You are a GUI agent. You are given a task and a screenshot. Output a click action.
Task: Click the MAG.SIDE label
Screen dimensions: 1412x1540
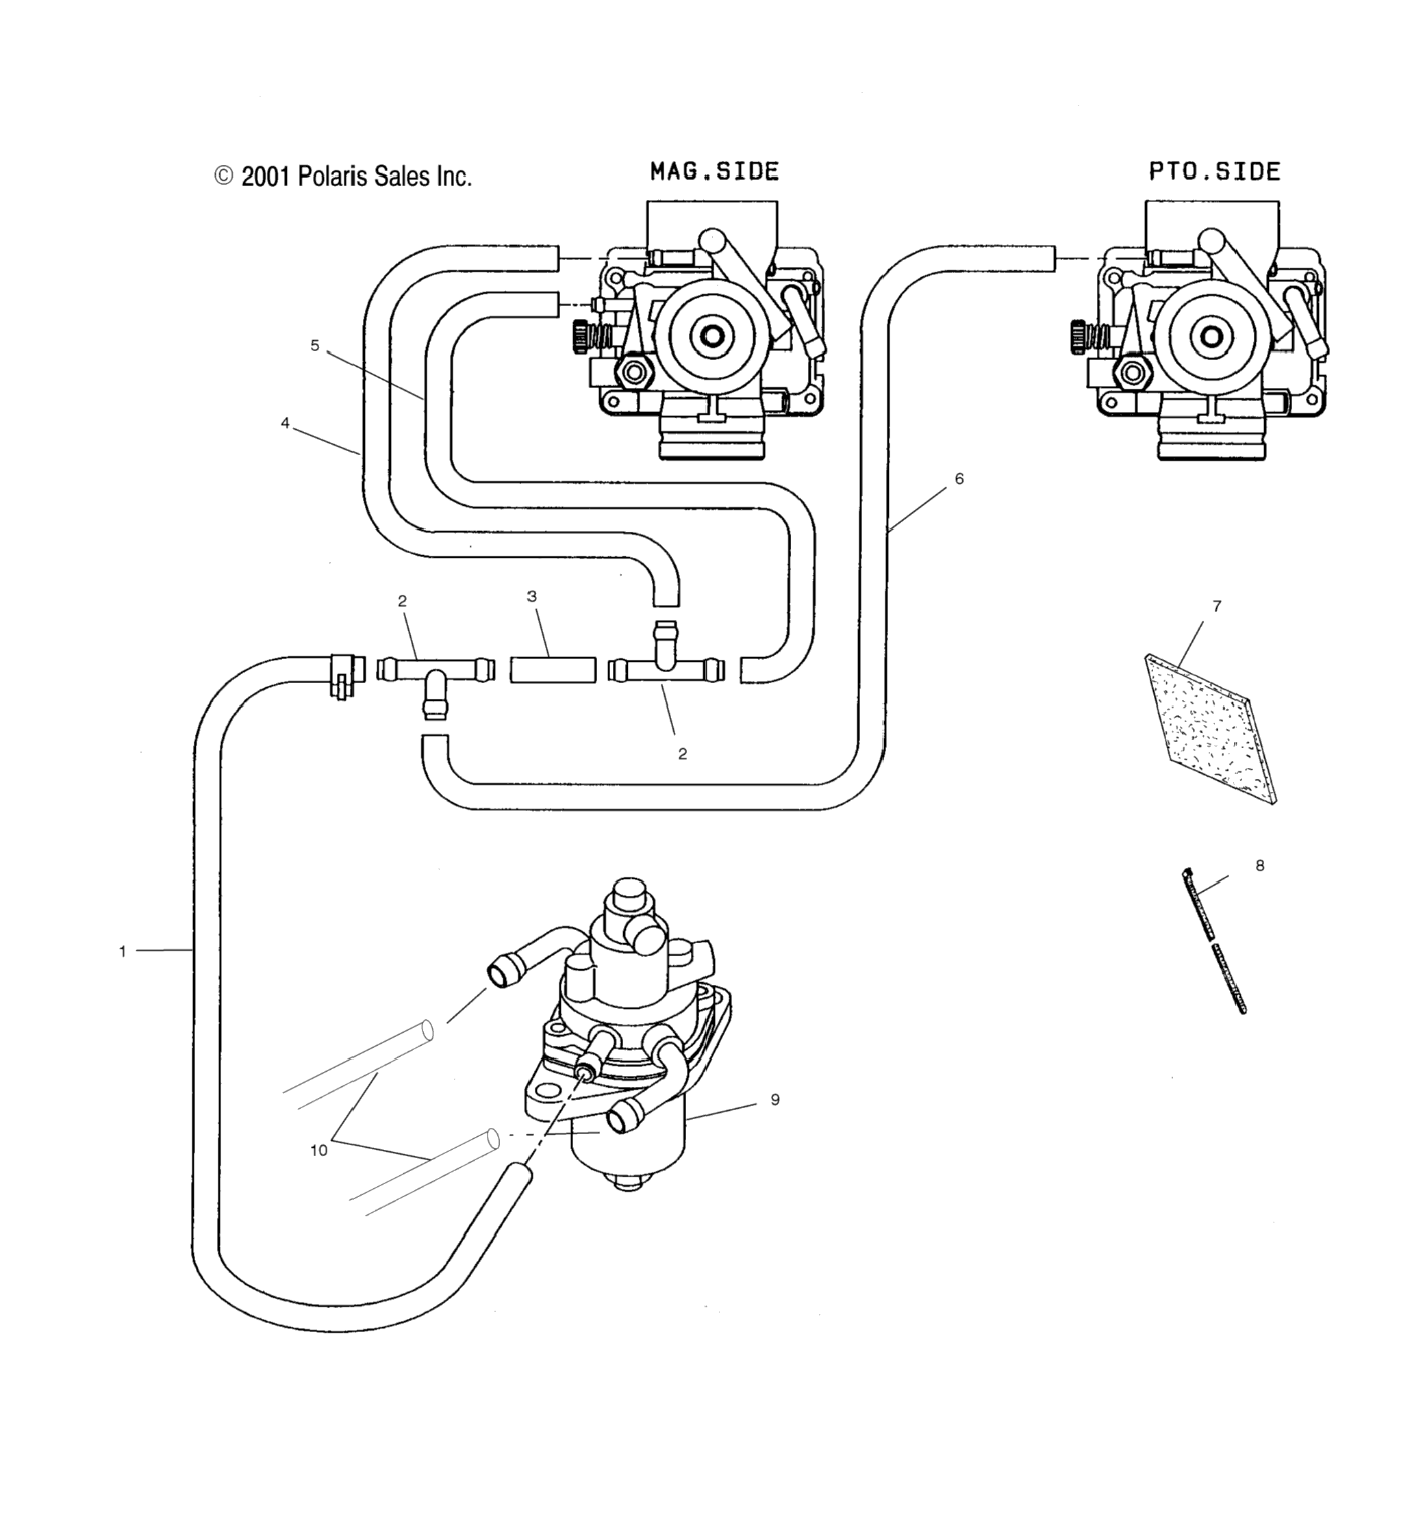[x=714, y=170]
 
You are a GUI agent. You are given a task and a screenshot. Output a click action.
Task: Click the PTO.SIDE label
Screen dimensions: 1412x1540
[x=1215, y=170]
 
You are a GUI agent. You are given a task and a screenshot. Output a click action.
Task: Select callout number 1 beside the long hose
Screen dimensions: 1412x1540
[x=123, y=952]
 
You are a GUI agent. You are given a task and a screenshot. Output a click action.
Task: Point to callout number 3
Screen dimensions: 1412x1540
[x=532, y=597]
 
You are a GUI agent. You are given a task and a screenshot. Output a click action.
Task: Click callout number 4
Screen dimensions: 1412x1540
[x=285, y=423]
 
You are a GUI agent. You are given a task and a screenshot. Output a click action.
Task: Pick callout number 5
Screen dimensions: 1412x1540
[x=315, y=345]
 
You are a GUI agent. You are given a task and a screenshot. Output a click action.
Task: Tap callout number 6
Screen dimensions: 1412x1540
[x=959, y=479]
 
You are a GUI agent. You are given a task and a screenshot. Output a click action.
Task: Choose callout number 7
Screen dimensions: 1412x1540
[x=1216, y=606]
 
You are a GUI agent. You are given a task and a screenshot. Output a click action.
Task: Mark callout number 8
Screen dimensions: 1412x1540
[x=1260, y=866]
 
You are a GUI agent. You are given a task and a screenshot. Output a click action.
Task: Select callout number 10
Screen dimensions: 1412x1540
[x=318, y=1151]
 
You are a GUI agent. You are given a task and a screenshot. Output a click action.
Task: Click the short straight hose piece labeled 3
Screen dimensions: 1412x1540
[x=553, y=670]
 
